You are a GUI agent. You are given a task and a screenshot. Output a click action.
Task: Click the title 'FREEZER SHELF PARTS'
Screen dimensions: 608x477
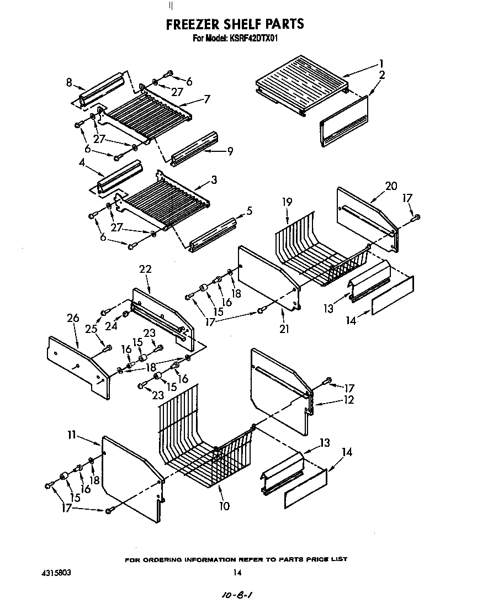(235, 24)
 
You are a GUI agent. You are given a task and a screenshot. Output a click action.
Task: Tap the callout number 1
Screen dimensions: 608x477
(381, 63)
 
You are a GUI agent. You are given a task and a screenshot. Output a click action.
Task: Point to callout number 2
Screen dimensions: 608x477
(382, 75)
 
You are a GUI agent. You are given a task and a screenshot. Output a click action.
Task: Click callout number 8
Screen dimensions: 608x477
(69, 82)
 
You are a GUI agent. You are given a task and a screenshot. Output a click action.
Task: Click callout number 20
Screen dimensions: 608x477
(391, 186)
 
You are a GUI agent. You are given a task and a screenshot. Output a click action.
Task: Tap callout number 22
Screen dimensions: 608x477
(145, 269)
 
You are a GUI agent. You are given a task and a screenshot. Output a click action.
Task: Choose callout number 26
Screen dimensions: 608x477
(72, 318)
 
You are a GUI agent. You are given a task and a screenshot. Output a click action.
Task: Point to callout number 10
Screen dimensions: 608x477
(224, 505)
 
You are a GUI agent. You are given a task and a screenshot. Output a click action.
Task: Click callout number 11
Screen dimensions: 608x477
(71, 435)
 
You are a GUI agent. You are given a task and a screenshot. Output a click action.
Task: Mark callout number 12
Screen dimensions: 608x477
(348, 400)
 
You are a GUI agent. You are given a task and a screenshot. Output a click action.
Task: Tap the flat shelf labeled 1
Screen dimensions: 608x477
(301, 83)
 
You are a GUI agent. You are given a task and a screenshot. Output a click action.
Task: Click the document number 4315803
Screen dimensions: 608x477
(56, 573)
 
